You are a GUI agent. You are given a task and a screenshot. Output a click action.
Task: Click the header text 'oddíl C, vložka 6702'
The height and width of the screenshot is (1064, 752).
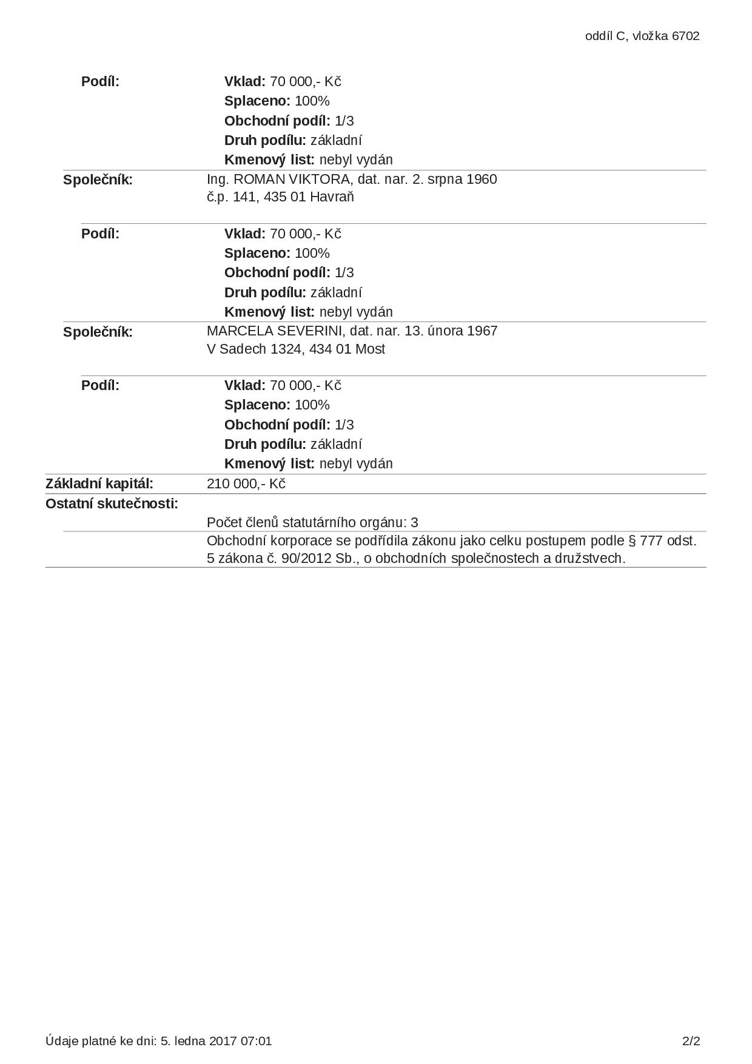(642, 36)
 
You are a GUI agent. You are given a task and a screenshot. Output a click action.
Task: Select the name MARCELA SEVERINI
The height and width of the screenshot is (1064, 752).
(276, 331)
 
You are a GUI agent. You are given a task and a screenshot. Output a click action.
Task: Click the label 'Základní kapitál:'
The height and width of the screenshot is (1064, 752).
(99, 484)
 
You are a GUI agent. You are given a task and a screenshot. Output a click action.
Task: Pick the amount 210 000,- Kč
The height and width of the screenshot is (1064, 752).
(246, 484)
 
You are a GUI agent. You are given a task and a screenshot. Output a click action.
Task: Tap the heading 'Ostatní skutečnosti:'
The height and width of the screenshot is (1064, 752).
(112, 503)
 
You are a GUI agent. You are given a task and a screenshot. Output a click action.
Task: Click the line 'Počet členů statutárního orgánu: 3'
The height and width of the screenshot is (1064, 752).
(312, 523)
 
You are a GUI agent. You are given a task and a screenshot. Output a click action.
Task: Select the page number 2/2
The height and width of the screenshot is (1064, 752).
(691, 1042)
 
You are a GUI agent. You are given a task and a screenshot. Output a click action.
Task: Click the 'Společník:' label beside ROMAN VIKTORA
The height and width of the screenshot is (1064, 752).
(98, 180)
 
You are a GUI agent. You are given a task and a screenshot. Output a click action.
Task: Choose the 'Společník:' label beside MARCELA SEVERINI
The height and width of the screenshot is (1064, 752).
(98, 332)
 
